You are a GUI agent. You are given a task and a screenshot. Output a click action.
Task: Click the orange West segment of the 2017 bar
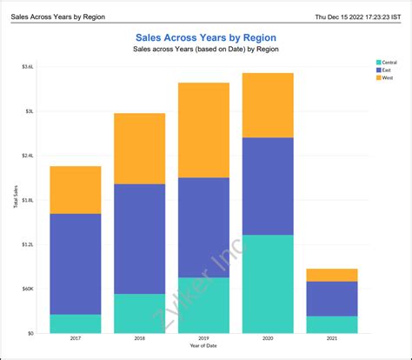tap(76, 190)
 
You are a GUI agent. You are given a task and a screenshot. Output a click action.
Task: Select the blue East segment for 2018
tap(139, 238)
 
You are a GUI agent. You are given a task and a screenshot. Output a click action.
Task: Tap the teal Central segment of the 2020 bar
tap(268, 283)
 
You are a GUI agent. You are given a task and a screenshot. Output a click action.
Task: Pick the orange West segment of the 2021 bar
tap(331, 275)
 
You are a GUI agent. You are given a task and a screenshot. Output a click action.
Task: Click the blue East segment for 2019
tap(203, 227)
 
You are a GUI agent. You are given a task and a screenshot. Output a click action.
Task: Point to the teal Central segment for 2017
tap(76, 323)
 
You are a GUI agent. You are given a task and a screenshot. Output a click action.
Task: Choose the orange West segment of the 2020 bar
tap(268, 105)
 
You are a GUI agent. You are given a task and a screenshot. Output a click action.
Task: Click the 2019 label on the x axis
tap(203, 340)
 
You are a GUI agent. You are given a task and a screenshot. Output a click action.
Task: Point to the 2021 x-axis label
tap(331, 340)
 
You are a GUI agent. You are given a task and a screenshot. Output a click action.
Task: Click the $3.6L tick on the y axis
tap(29, 67)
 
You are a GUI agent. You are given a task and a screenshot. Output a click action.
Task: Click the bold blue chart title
tap(206, 37)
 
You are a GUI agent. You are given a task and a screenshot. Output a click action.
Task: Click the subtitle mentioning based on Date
tap(206, 50)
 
